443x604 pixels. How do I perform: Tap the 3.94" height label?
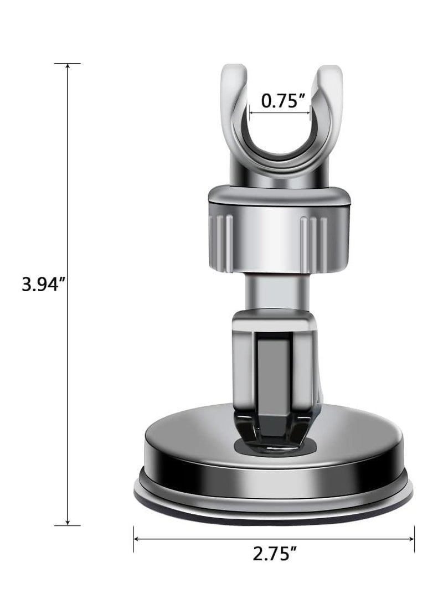click(x=40, y=287)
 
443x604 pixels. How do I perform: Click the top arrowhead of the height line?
click(x=68, y=66)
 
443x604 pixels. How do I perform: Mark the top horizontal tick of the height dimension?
click(x=68, y=63)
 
